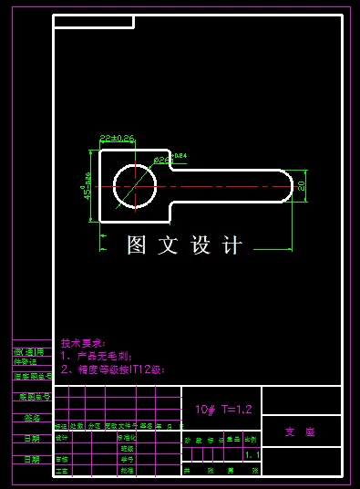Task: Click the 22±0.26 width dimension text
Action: coord(116,138)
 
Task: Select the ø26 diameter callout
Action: coord(161,161)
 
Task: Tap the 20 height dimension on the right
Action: coord(301,186)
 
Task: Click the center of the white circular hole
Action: coord(135,186)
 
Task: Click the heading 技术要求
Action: coord(84,342)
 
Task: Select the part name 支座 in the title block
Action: coord(300,432)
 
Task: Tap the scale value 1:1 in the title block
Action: coord(252,453)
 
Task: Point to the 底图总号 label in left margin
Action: coord(32,397)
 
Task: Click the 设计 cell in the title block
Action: coord(62,438)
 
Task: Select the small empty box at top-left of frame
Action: coord(93,22)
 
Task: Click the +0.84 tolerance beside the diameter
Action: coord(180,156)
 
